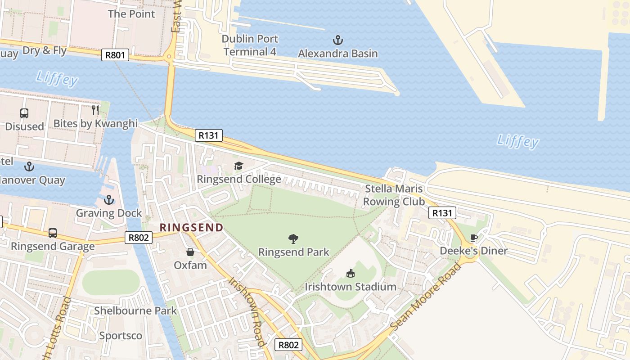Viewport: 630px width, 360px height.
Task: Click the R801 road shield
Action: coord(115,55)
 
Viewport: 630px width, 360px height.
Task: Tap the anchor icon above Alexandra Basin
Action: coord(337,40)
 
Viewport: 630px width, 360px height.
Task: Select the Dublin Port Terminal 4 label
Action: coord(250,45)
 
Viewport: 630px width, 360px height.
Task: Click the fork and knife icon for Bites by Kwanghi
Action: coord(95,110)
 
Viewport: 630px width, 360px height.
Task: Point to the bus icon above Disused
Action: coord(24,113)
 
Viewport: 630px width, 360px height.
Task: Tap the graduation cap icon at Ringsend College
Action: coord(238,166)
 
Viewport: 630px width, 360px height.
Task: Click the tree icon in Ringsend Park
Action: coord(293,239)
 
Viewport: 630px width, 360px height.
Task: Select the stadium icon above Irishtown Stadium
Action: coord(350,273)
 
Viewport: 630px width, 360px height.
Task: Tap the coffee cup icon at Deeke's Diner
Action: coord(473,238)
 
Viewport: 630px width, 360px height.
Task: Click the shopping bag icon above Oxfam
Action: coord(190,252)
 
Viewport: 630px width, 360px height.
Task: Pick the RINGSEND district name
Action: coord(191,227)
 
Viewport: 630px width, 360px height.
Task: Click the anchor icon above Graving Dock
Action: coord(108,200)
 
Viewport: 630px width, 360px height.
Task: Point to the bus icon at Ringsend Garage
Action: coord(53,233)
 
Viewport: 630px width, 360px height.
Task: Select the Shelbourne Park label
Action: coord(135,310)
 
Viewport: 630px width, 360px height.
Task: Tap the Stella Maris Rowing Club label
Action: coord(394,195)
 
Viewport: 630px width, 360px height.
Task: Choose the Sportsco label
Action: coord(121,336)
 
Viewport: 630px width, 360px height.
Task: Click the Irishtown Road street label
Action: coord(246,312)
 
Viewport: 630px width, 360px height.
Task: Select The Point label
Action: coord(131,14)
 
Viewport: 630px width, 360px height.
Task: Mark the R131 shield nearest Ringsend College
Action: coord(209,135)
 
